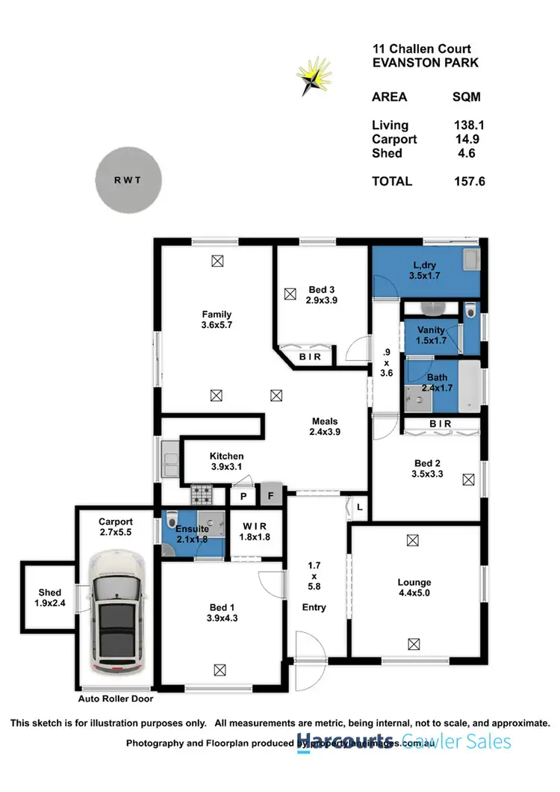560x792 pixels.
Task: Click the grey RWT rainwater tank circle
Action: [128, 180]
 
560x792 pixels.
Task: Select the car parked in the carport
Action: [118, 612]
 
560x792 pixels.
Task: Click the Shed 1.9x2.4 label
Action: [50, 598]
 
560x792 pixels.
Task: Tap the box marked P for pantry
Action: [243, 496]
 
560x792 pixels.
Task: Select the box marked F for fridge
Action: [270, 495]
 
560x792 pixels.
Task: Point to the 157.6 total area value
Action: [469, 181]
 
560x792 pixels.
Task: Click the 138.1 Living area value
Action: [469, 126]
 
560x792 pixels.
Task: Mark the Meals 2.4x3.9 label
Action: [325, 427]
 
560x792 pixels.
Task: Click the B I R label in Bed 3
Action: [310, 357]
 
